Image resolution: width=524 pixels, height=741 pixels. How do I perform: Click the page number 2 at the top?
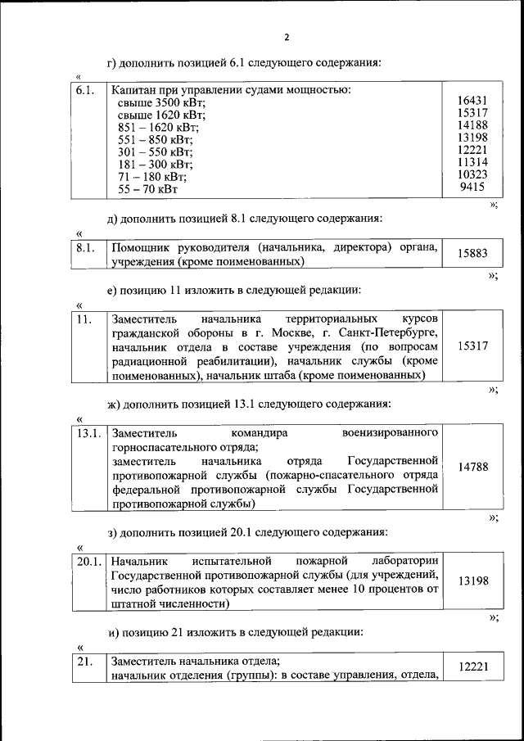click(x=287, y=38)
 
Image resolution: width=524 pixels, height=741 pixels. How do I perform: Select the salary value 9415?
click(x=475, y=187)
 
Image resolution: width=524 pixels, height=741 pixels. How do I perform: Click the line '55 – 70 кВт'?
click(x=147, y=189)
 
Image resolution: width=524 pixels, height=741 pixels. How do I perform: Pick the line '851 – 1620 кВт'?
click(x=158, y=128)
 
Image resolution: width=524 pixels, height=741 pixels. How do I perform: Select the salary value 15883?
click(x=472, y=254)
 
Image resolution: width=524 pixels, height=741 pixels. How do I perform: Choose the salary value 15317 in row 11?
click(x=472, y=346)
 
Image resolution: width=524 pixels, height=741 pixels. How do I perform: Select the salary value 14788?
click(x=472, y=468)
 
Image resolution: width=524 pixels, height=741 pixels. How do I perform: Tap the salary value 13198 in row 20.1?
click(x=472, y=581)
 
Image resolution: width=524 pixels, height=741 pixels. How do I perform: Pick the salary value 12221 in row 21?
click(x=472, y=668)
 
